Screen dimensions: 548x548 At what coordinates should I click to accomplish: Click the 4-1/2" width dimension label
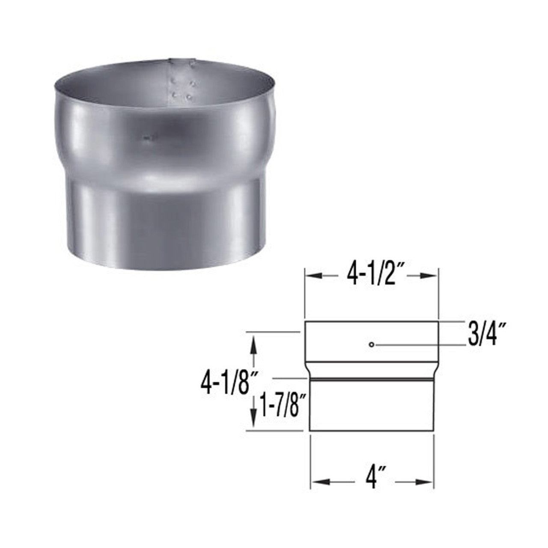tap(371, 277)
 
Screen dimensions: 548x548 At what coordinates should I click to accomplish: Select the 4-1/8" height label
tap(225, 377)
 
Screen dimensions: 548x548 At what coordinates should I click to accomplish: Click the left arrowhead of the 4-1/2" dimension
tap(311, 277)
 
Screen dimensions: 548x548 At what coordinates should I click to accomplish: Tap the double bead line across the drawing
tap(372, 379)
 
